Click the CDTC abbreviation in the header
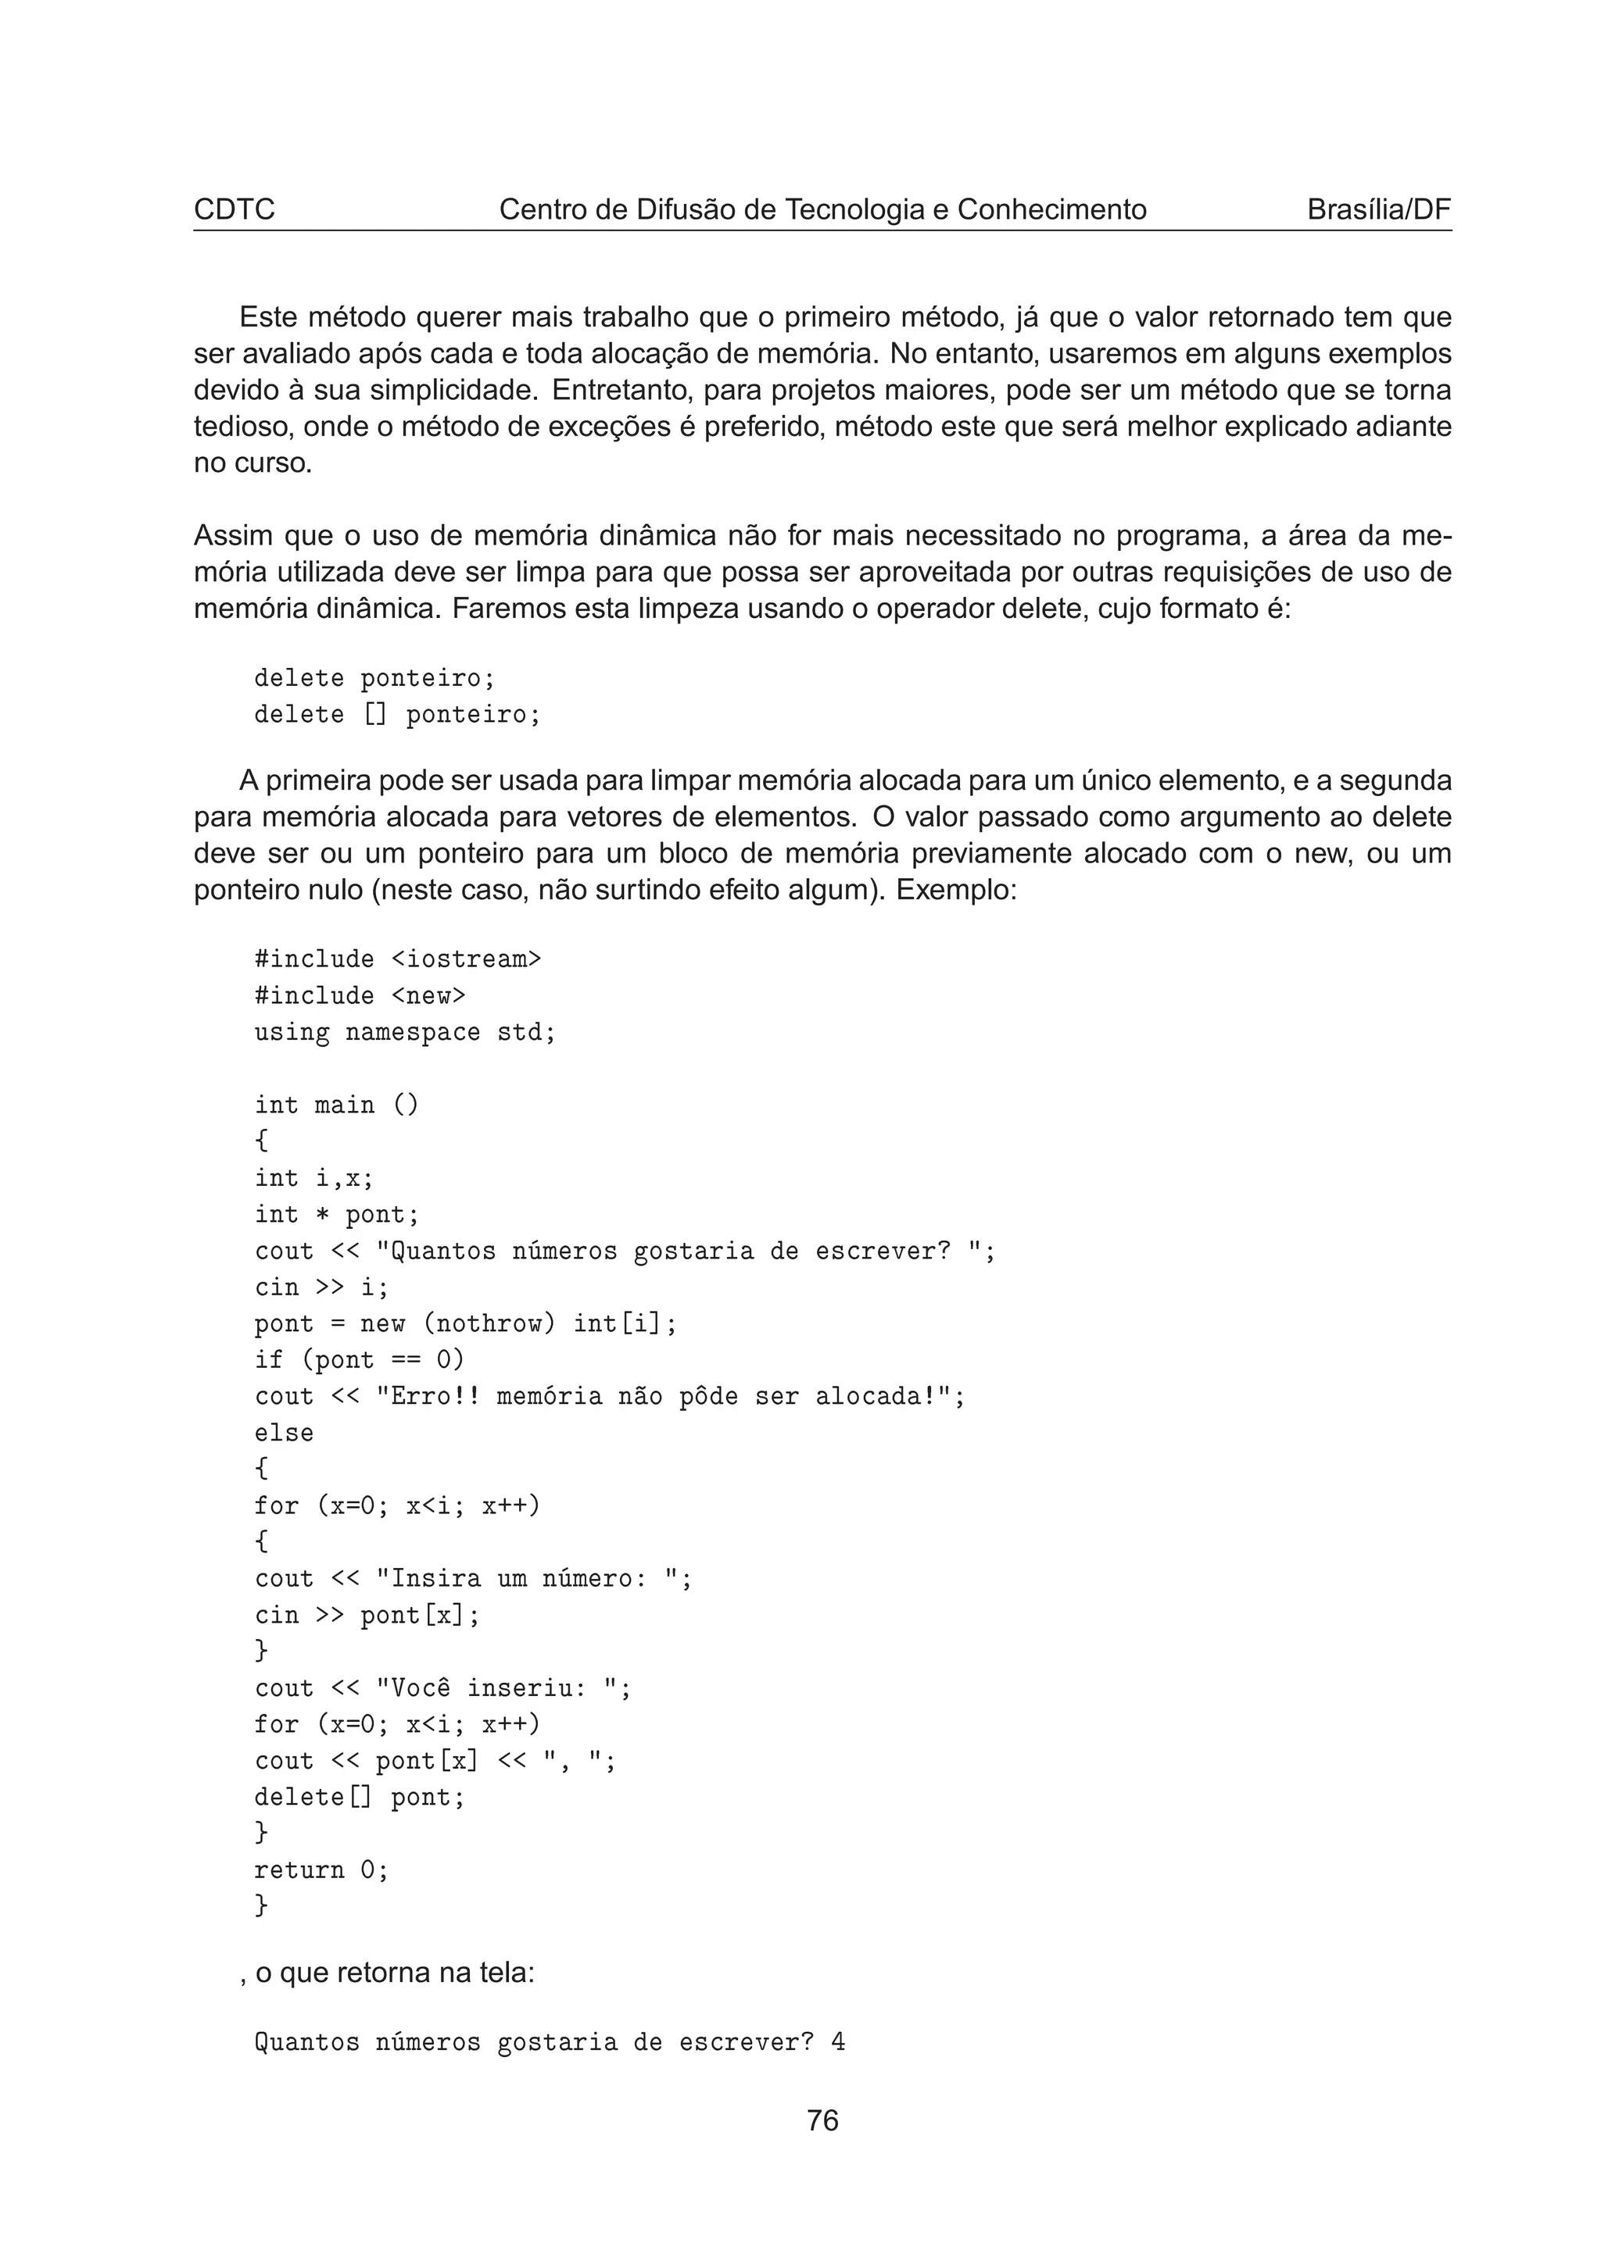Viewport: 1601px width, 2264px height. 234,210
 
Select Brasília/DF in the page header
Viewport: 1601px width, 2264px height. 1378,210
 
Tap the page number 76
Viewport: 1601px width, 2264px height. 822,2120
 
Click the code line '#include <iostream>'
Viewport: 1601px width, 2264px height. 398,959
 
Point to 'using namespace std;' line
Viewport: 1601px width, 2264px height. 404,1033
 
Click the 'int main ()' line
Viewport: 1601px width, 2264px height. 336,1105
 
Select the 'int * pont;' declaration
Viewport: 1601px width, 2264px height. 336,1215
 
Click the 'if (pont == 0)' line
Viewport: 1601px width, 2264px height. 359,1360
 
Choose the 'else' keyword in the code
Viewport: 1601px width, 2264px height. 284,1433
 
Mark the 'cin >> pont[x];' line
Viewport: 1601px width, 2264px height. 367,1615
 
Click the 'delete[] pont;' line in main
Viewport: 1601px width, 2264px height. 359,1798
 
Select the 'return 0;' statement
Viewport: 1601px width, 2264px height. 321,1870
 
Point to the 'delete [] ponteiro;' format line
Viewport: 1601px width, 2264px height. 398,715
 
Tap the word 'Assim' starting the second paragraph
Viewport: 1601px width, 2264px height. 233,537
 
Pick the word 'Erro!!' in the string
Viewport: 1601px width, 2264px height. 428,1396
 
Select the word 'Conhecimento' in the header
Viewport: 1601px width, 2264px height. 1051,210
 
